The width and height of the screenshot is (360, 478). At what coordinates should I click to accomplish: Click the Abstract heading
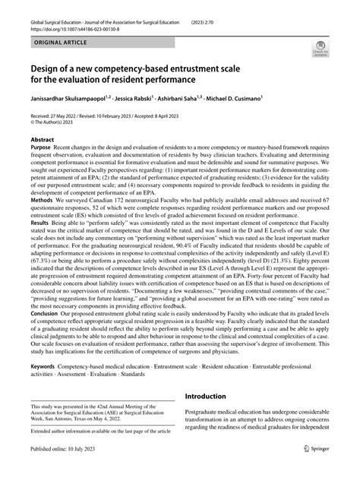pyautogui.click(x=43, y=141)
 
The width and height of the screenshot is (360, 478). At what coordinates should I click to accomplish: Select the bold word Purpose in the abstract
pyautogui.click(x=43, y=151)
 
